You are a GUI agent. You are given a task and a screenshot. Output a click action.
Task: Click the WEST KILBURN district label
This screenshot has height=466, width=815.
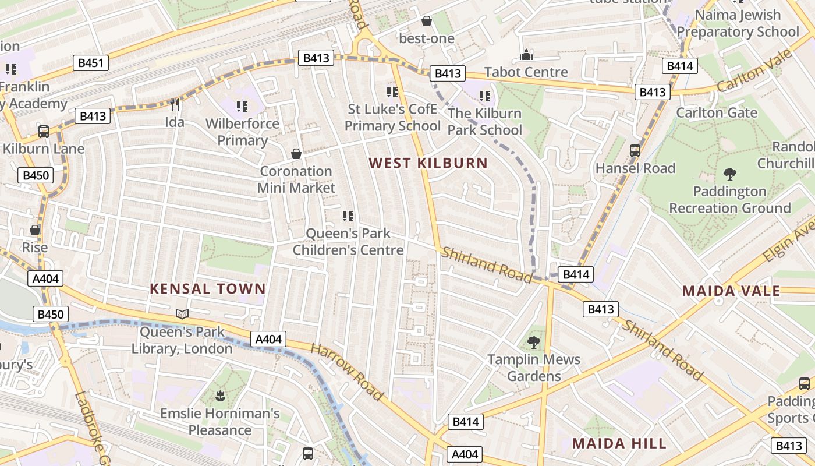[x=428, y=163]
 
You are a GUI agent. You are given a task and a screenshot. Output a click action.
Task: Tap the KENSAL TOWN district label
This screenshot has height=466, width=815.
[x=208, y=288]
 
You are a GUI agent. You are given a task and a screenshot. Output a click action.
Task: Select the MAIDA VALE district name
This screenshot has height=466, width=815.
[x=731, y=291]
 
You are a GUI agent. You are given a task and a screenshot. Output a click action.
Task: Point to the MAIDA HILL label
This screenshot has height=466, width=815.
[x=619, y=443]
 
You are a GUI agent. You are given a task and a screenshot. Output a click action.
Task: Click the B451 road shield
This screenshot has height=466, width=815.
[x=91, y=63]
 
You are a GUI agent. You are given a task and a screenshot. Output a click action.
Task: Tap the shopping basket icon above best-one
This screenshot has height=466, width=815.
[x=427, y=22]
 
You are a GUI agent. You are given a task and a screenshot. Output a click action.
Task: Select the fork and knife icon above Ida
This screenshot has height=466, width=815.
[x=174, y=105]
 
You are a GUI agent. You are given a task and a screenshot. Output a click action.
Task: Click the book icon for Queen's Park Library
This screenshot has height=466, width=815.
[x=182, y=315]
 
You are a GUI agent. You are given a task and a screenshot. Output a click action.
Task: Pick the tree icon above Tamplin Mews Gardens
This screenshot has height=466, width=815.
[x=533, y=342]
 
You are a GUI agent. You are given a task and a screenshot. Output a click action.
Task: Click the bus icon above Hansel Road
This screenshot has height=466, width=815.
[x=635, y=151]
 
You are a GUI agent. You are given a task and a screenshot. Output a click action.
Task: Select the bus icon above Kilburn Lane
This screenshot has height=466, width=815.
[x=44, y=131]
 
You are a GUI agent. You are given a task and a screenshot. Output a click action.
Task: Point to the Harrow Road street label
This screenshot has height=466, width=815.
[x=347, y=372]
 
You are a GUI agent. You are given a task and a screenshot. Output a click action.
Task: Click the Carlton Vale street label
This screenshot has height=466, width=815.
[x=754, y=70]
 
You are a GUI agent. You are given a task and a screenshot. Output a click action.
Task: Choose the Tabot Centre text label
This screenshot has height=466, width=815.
[x=526, y=72]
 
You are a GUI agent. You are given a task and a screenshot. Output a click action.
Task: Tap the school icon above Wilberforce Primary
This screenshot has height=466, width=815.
[x=242, y=107]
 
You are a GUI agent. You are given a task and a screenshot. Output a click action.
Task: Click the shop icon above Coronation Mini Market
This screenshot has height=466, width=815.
[x=296, y=154]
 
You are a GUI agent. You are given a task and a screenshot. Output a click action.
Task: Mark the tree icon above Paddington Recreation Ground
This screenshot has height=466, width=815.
[x=729, y=174]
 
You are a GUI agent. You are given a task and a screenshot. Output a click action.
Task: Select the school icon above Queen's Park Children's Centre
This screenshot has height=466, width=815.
[x=348, y=216]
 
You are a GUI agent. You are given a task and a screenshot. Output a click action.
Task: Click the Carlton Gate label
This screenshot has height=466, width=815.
[x=717, y=112]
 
